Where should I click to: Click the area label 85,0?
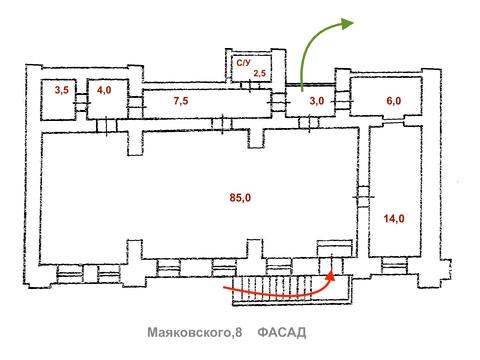coord(239,197)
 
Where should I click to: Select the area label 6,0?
coord(393,100)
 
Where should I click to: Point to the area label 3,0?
coord(315,101)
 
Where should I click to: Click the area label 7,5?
coord(181,100)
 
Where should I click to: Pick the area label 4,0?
coord(104,90)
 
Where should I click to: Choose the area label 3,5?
coord(61,90)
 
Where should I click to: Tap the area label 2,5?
coord(258,73)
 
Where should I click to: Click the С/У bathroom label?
coord(243,62)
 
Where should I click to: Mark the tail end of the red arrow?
coord(222,287)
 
